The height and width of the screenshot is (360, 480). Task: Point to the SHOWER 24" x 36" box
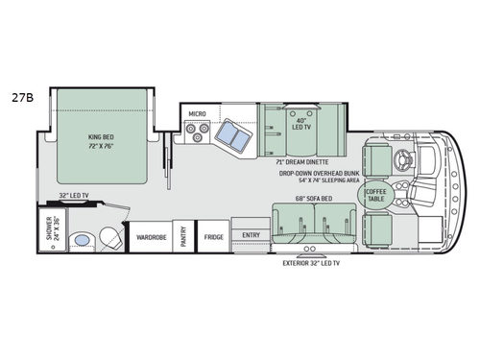(48, 233)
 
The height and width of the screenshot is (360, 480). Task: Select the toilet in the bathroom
(109, 237)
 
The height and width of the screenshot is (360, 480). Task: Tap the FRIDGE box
(212, 235)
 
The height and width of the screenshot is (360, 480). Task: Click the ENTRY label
(251, 234)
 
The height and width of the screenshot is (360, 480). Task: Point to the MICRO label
(198, 113)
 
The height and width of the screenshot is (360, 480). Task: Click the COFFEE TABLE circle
(372, 195)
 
